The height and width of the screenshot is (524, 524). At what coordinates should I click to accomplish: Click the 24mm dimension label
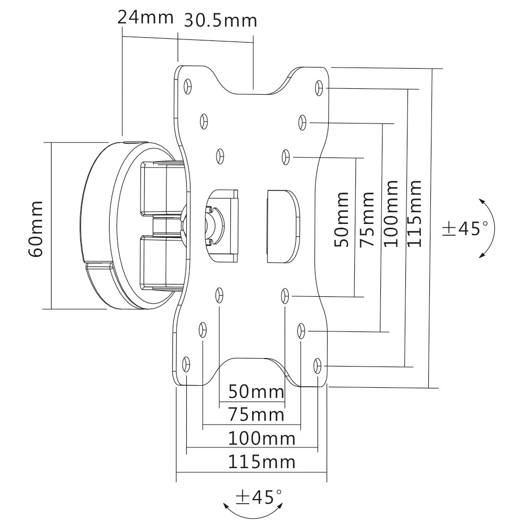click(145, 17)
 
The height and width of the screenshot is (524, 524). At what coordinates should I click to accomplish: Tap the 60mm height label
click(36, 229)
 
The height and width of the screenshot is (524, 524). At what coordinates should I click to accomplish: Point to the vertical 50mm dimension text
click(342, 220)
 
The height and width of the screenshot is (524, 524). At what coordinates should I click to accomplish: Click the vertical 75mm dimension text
click(367, 220)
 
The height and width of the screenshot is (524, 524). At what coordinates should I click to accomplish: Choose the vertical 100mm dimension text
click(391, 213)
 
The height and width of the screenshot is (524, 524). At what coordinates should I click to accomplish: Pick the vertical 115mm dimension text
click(414, 213)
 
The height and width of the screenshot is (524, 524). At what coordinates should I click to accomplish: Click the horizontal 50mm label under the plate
click(256, 393)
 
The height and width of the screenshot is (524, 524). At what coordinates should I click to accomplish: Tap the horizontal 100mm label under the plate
click(261, 439)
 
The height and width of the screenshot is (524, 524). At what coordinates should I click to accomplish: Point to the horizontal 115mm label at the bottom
click(261, 461)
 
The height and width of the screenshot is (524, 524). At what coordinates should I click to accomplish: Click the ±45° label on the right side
click(464, 229)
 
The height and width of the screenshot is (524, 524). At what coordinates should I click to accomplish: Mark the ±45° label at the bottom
click(259, 497)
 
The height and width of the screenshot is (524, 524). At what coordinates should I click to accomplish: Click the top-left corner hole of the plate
click(187, 86)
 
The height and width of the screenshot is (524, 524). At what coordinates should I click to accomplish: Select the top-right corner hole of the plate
click(318, 87)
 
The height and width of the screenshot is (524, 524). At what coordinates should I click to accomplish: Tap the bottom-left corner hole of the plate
click(186, 364)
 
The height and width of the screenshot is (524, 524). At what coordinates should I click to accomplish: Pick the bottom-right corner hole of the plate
click(318, 365)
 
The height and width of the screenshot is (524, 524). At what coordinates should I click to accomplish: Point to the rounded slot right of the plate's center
click(281, 226)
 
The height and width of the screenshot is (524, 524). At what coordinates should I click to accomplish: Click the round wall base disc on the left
click(101, 226)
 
